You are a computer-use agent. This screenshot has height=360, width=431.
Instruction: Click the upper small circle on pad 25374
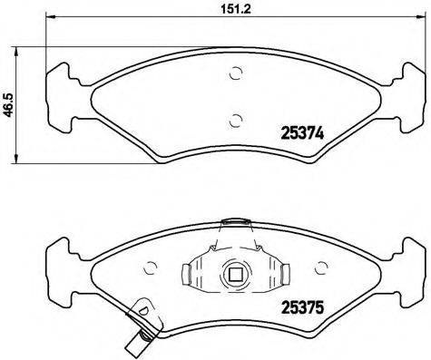[x=236, y=74]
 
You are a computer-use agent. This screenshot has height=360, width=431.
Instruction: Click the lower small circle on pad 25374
[x=236, y=117]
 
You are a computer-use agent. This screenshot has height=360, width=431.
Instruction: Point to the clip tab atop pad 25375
[x=236, y=221]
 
